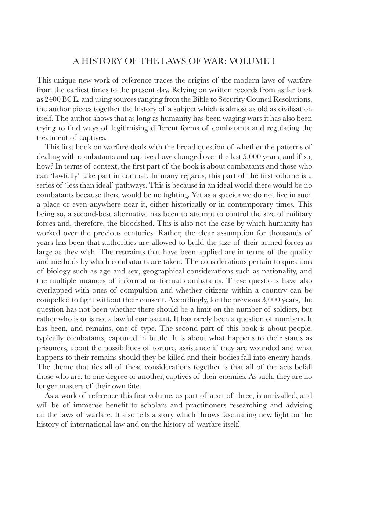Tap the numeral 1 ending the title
(273, 61)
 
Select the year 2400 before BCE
(53, 99)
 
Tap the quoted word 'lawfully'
(60, 176)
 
